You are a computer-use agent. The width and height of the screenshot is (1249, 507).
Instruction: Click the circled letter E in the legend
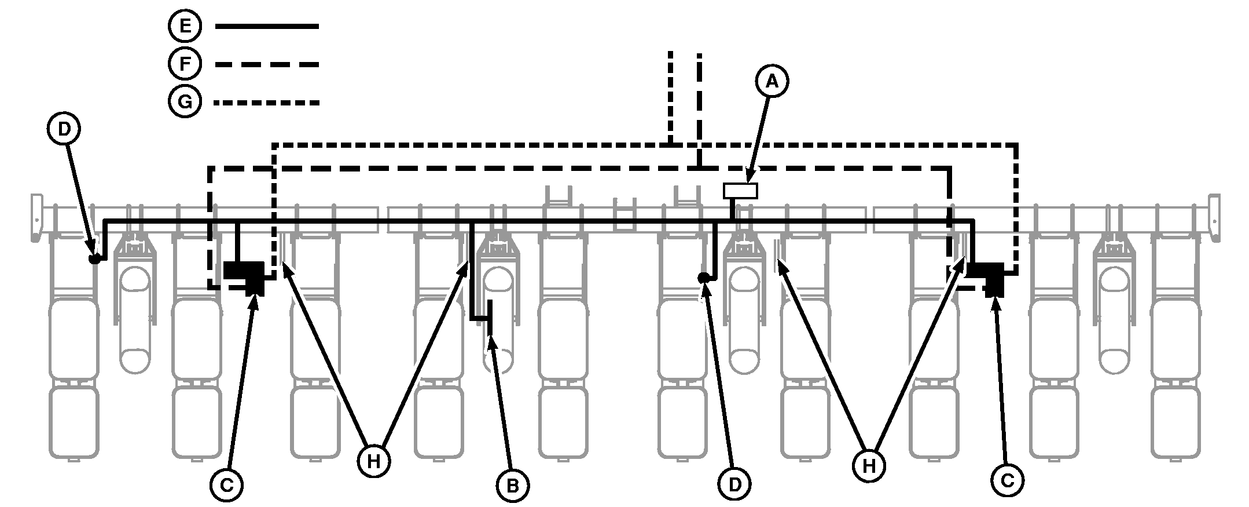(185, 27)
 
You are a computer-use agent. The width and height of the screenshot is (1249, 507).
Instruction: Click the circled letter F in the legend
(185, 64)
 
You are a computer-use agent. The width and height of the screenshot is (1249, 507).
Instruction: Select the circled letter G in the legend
(185, 103)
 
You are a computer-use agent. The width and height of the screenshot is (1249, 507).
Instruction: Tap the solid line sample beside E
(266, 27)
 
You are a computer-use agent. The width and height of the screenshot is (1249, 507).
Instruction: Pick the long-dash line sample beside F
(266, 64)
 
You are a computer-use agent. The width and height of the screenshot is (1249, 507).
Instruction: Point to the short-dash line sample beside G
(266, 103)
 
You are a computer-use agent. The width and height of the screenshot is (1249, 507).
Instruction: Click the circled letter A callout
(772, 82)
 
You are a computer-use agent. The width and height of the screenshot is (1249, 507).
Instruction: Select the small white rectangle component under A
(740, 191)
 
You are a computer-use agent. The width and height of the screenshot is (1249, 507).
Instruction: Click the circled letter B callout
(512, 485)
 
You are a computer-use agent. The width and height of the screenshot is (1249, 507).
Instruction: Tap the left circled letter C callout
(226, 486)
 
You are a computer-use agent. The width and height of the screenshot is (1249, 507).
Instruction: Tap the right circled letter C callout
(1007, 480)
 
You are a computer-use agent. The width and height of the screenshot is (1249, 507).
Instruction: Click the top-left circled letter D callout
(64, 129)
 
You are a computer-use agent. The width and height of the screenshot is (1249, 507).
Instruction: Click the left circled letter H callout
(374, 461)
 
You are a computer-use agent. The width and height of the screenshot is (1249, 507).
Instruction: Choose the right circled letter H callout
(869, 465)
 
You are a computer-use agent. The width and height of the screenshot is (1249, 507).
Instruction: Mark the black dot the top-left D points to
(95, 258)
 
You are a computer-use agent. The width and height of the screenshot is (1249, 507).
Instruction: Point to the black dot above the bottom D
(703, 278)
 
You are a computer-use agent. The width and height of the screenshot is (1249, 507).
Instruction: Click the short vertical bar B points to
(490, 318)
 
